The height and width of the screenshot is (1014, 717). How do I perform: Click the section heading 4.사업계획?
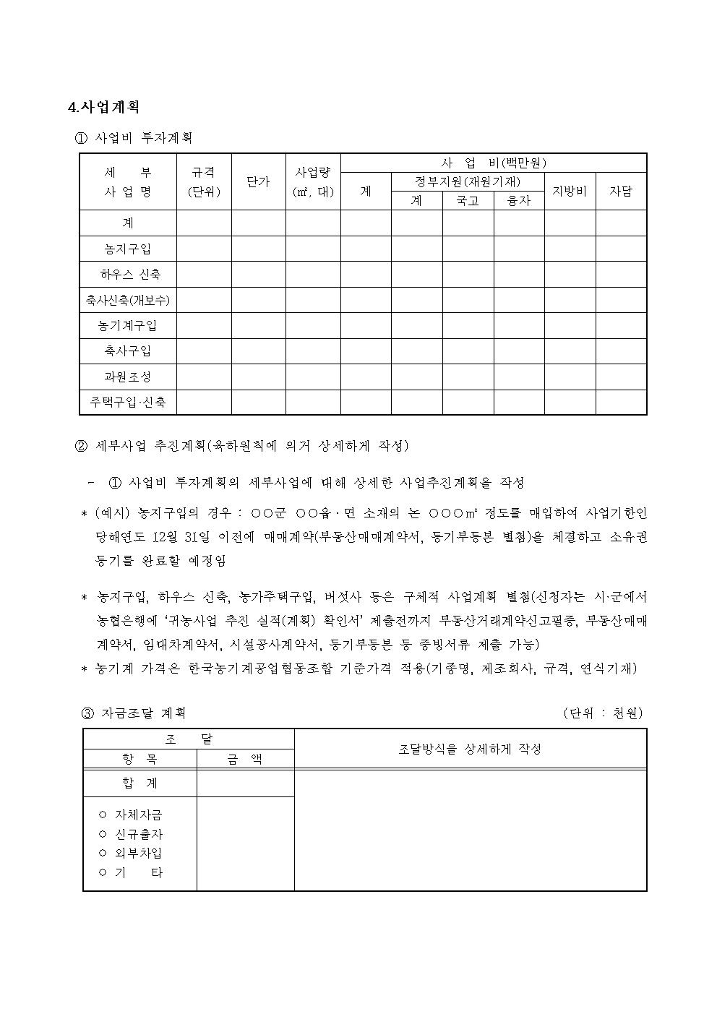[x=103, y=107]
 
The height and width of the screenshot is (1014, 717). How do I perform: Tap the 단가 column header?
[x=258, y=182]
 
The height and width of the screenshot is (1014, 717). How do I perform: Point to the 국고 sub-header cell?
[x=468, y=201]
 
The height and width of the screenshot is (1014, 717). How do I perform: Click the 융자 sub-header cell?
[x=519, y=201]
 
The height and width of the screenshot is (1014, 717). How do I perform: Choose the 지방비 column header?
[x=570, y=192]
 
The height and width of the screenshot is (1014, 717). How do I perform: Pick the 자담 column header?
[x=621, y=192]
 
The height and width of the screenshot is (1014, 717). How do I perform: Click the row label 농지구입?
[x=128, y=249]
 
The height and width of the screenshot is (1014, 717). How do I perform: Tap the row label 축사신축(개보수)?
[x=128, y=299]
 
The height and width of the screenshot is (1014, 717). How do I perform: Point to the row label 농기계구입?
[x=128, y=325]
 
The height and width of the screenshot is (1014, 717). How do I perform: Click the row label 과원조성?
[x=128, y=377]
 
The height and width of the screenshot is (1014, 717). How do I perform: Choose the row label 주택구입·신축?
[x=128, y=403]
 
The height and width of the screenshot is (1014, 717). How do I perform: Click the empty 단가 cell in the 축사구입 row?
[x=258, y=351]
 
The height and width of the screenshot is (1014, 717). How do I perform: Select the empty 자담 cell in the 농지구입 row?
[x=621, y=249]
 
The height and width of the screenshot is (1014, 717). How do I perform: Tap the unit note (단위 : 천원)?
[x=603, y=713]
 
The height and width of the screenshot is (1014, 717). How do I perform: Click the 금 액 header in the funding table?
[x=245, y=759]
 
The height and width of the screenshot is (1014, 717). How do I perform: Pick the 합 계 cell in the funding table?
[x=140, y=783]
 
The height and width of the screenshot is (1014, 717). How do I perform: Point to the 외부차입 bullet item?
[x=138, y=853]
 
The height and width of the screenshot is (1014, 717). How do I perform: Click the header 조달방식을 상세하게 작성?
[x=470, y=749]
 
